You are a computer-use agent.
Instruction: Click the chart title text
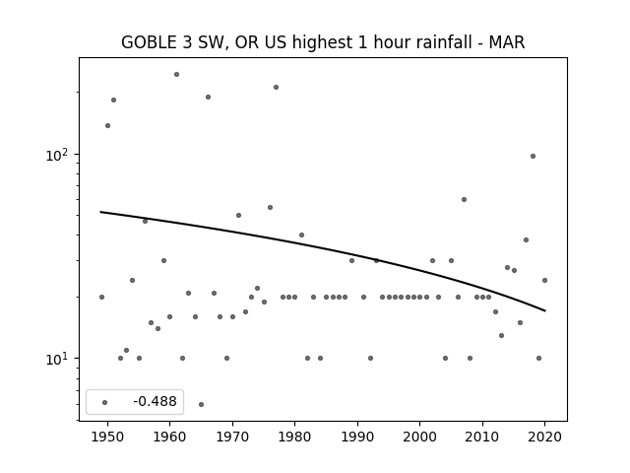click(x=323, y=42)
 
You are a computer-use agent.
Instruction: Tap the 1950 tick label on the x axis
click(x=107, y=437)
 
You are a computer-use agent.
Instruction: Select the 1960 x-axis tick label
click(x=169, y=437)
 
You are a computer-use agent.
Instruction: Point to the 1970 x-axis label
click(x=232, y=437)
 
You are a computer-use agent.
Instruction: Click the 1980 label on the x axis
click(x=294, y=437)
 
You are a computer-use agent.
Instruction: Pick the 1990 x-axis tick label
click(x=357, y=437)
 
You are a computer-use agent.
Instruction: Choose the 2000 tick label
click(x=419, y=437)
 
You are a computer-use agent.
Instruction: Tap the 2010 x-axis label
click(x=482, y=437)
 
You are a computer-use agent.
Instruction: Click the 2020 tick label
click(x=544, y=437)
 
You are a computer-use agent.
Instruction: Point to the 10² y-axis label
click(x=59, y=155)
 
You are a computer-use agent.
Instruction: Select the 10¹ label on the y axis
click(x=59, y=359)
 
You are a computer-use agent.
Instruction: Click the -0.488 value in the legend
click(x=156, y=401)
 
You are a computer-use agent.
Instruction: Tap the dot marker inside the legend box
click(x=105, y=402)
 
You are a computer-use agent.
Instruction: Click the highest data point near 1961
click(x=176, y=75)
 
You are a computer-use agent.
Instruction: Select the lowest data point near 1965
click(x=201, y=404)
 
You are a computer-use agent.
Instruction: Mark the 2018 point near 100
click(x=533, y=156)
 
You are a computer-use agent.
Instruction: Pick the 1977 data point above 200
click(x=276, y=88)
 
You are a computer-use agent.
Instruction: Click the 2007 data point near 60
click(x=464, y=199)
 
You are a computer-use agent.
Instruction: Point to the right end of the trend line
click(x=544, y=310)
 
